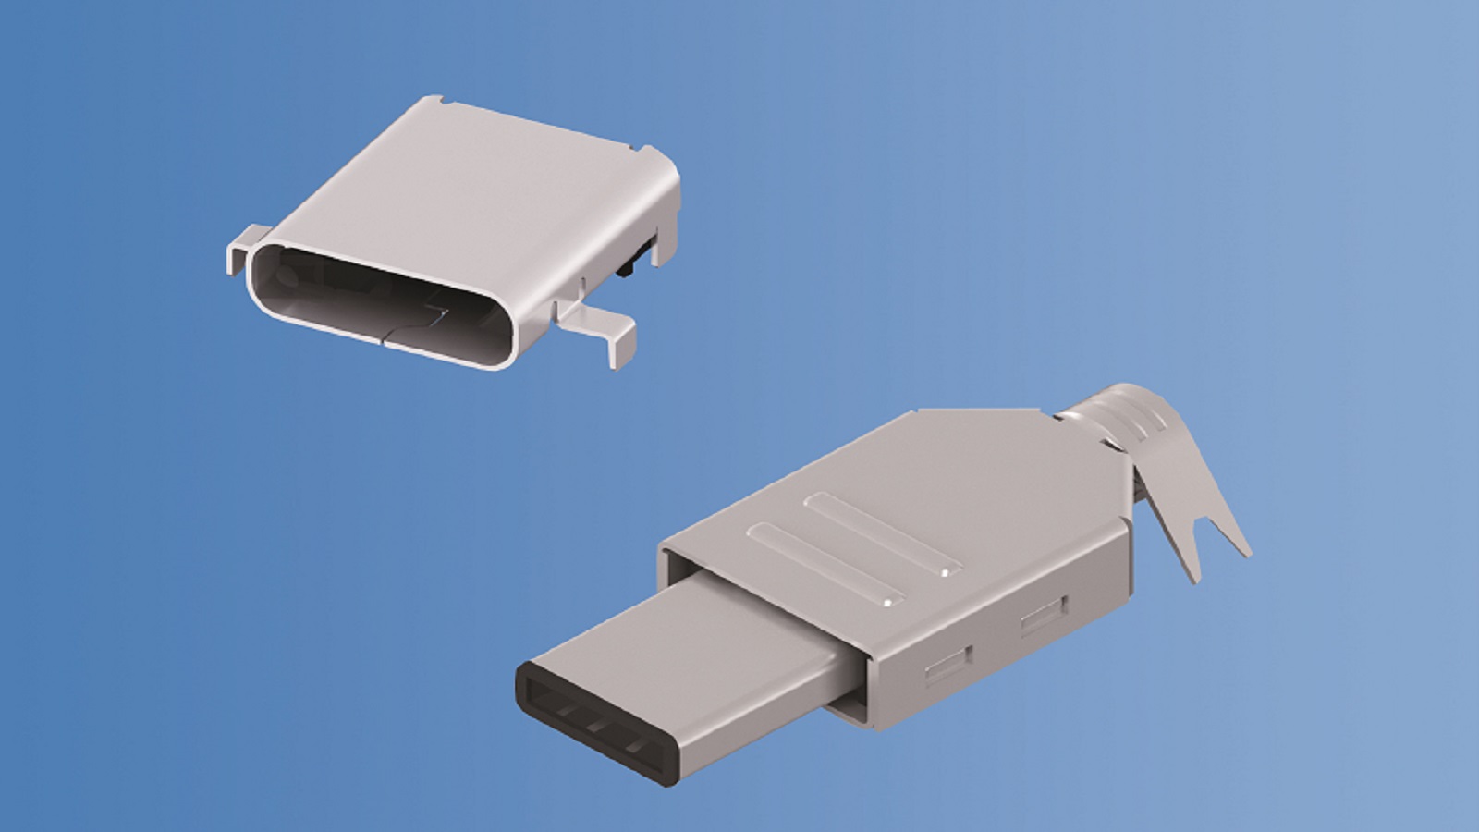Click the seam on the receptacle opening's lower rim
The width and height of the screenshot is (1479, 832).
coord(384,338)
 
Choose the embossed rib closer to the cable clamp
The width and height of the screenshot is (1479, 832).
coord(878,532)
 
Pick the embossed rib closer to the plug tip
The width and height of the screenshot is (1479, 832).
coord(823,564)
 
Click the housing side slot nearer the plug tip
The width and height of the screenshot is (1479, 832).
coord(947,662)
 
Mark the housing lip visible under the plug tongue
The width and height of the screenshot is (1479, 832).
coord(846,703)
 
